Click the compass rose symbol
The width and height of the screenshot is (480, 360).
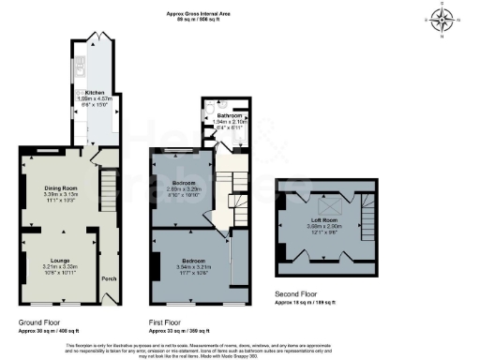[442, 18]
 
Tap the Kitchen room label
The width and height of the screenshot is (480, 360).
[96, 93]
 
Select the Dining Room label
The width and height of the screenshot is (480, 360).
[60, 188]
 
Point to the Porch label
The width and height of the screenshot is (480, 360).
[109, 277]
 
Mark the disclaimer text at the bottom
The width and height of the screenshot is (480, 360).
[240, 349]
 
